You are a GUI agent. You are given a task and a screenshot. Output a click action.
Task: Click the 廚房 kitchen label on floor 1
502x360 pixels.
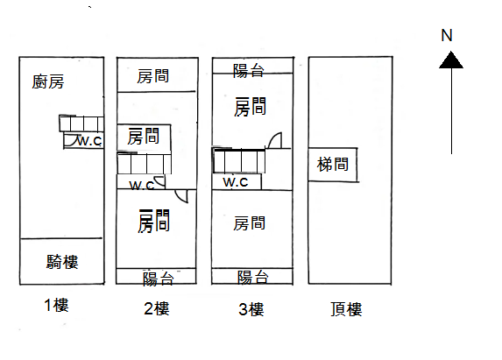tap(48, 81)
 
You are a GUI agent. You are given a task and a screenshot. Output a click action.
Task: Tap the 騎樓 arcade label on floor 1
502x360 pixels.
tap(62, 262)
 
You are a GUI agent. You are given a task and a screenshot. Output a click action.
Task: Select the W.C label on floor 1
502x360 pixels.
tap(90, 140)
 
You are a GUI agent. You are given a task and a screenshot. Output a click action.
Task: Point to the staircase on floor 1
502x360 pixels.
tap(81, 124)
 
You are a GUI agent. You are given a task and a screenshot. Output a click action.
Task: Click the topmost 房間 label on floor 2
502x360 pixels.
tap(152, 76)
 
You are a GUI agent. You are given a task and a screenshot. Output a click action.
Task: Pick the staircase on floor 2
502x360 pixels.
tap(145, 163)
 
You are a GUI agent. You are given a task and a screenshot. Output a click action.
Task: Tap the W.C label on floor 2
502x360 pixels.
tap(142, 186)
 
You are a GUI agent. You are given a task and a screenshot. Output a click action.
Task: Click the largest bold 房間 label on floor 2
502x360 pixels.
tap(153, 221)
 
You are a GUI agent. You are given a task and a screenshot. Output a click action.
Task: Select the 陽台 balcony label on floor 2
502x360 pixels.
tap(159, 279)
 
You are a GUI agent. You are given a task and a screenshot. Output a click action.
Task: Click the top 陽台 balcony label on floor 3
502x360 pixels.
tap(249, 71)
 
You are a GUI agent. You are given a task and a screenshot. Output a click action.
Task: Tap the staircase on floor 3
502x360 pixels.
tap(239, 160)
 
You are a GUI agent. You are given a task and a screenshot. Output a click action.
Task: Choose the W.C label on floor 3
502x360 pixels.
tap(236, 182)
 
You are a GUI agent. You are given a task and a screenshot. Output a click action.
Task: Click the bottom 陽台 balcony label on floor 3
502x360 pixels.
tap(253, 277)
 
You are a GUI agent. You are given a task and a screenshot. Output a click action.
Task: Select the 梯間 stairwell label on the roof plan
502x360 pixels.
tap(333, 165)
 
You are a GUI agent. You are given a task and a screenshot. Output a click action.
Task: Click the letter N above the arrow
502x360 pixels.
tap(447, 36)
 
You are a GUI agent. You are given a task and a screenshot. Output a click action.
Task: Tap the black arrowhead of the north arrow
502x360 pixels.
tap(451, 60)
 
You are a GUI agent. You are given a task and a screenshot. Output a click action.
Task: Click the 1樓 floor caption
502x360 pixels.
tap(56, 305)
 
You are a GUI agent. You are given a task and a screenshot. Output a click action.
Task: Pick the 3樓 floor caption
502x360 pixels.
tap(251, 309)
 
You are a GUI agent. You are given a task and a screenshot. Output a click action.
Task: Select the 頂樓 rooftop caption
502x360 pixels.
tap(346, 309)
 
